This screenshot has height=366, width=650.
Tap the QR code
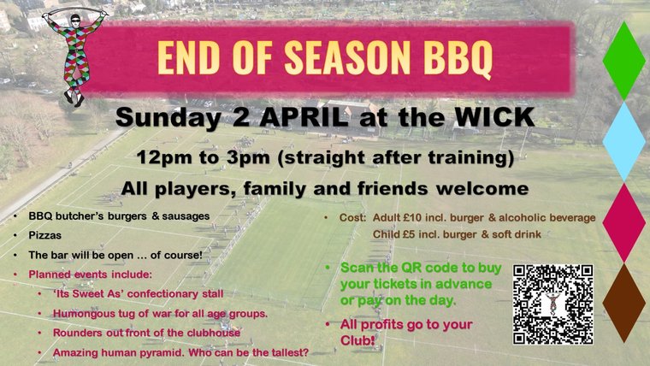(x=552, y=304)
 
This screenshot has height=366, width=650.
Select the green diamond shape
(x=623, y=60)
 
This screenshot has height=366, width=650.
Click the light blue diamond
(x=623, y=141)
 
